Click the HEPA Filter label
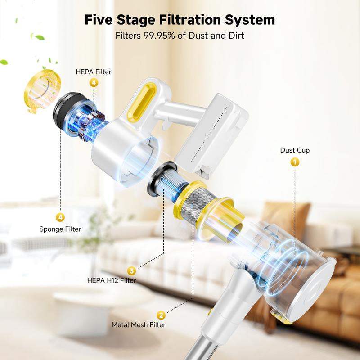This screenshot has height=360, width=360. (94, 72)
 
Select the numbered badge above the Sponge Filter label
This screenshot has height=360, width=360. (60, 217)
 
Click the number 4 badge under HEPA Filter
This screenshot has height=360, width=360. (94, 83)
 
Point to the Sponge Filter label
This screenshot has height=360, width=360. (60, 229)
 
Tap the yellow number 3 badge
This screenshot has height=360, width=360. (131, 271)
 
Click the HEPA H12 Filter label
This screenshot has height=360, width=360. (112, 280)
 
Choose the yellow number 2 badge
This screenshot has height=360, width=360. (161, 315)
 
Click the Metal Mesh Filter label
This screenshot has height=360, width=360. (139, 324)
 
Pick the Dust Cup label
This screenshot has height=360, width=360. (295, 150)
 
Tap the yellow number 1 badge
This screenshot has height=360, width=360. (295, 162)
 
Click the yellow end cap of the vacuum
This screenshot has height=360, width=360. (42, 90)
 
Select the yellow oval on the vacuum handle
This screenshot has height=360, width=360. (142, 101)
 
